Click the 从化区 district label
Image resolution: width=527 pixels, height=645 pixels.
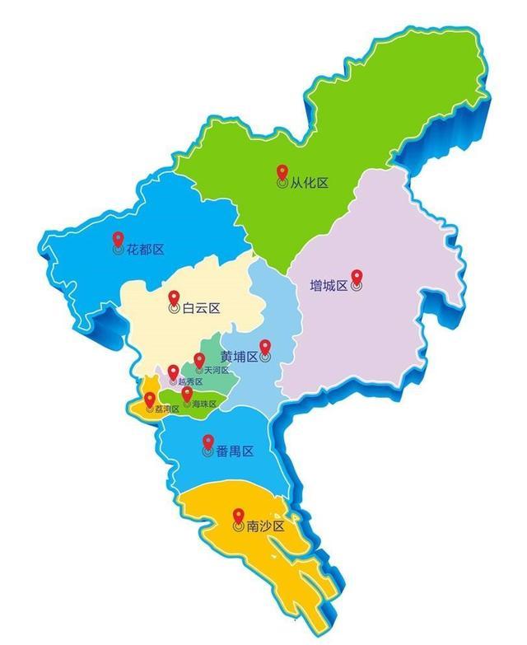(310, 183)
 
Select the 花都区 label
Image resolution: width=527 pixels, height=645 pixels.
(147, 249)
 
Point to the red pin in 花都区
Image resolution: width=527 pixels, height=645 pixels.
(119, 237)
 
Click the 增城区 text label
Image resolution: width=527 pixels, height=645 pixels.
(328, 286)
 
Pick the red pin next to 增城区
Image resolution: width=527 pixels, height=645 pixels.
(357, 277)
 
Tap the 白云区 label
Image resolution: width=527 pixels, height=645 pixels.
(201, 309)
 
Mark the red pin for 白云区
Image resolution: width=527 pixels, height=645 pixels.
(174, 298)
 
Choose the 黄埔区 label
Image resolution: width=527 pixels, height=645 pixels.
(239, 357)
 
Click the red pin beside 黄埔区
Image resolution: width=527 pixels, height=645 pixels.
(265, 347)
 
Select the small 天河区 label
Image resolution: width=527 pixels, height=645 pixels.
(217, 371)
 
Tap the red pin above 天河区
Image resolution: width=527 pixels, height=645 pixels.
(199, 359)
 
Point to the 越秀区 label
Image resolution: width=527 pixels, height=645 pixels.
(189, 381)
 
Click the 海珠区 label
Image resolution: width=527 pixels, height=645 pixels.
(204, 404)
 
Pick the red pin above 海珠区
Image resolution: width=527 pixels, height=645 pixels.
(188, 394)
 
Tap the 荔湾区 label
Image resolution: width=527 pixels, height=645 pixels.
(168, 409)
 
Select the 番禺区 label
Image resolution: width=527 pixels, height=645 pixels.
(235, 451)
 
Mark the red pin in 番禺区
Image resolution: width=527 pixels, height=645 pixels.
(208, 442)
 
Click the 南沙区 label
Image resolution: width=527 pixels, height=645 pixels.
(265, 526)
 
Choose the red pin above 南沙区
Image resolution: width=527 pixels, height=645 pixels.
(239, 515)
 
